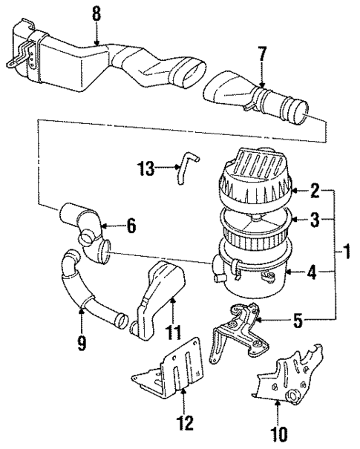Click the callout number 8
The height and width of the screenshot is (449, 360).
click(x=94, y=13)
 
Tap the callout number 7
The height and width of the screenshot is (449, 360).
click(x=262, y=56)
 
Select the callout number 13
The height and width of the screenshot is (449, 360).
click(x=145, y=168)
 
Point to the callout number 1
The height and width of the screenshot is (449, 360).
click(x=346, y=254)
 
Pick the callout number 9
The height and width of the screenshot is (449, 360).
click(x=81, y=344)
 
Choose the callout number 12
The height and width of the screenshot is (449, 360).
click(x=184, y=424)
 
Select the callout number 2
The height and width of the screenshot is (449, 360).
click(x=315, y=191)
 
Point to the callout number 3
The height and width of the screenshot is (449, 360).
click(x=315, y=219)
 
